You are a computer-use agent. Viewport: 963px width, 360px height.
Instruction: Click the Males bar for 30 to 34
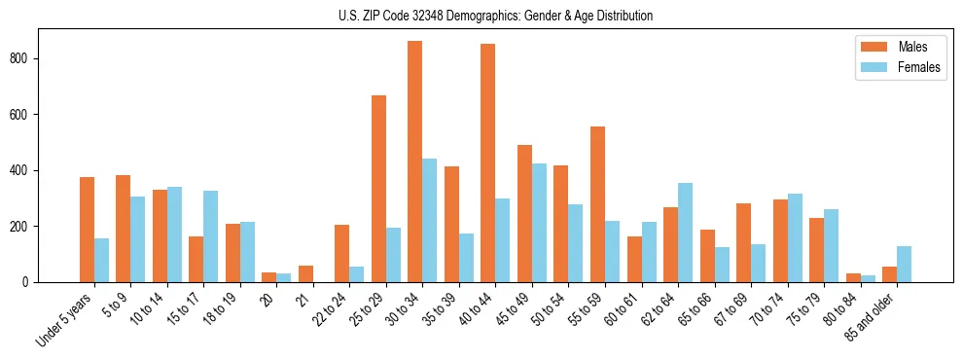415,162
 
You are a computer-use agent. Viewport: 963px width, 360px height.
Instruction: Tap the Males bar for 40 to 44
488,162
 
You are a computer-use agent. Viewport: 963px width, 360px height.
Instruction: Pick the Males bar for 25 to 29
378,189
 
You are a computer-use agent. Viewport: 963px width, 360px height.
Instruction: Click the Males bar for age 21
305,273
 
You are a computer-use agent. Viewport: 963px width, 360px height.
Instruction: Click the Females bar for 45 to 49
539,223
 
